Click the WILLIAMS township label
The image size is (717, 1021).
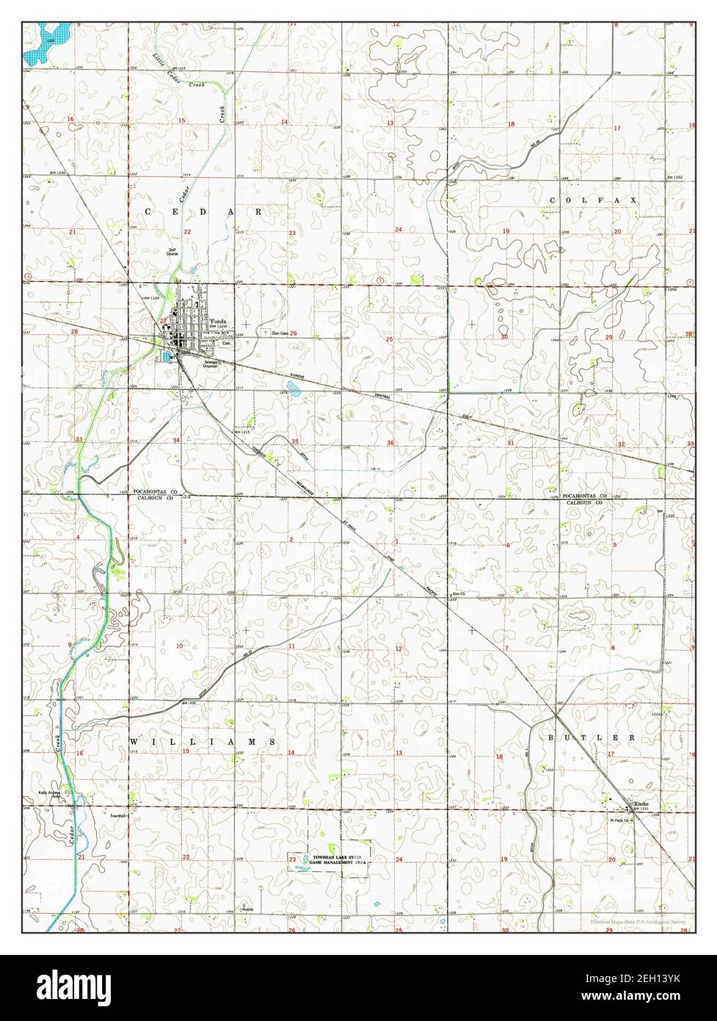pyautogui.click(x=203, y=743)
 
